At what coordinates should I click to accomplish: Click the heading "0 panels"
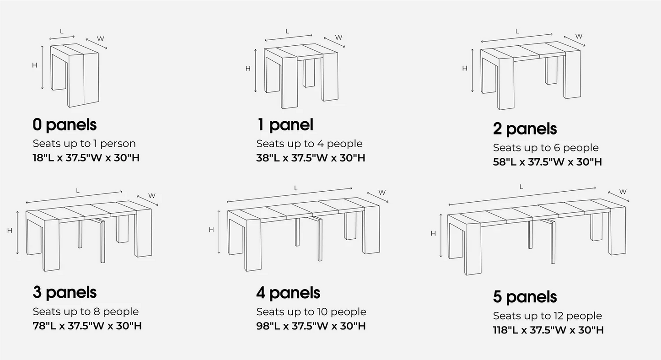click(64, 124)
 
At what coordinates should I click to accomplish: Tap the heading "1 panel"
click(285, 124)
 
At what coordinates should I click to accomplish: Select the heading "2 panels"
click(525, 129)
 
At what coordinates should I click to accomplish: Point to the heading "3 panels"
click(64, 292)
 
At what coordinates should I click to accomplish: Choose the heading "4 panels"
click(288, 293)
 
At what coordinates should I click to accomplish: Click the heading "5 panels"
click(525, 297)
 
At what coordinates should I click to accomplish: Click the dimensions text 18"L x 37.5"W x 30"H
click(86, 158)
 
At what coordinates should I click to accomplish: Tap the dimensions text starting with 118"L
click(548, 330)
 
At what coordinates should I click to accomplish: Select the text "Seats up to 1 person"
click(84, 143)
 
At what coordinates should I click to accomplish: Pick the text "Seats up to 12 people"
click(547, 316)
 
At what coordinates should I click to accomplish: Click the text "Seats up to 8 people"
click(86, 312)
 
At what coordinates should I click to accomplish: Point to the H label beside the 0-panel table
click(34, 65)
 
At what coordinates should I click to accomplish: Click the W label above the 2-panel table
click(579, 36)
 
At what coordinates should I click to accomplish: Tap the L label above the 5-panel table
click(521, 187)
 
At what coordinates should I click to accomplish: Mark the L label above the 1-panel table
click(287, 31)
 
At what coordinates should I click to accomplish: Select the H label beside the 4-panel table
click(211, 230)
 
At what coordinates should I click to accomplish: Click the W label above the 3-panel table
click(152, 196)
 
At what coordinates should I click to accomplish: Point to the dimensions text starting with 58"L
click(547, 162)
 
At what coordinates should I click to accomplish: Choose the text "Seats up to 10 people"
click(311, 312)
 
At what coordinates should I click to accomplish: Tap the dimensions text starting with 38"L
click(311, 158)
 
